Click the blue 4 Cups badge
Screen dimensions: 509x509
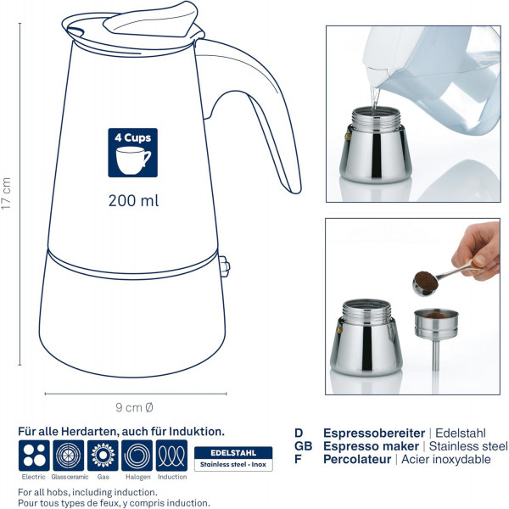(x=133, y=153)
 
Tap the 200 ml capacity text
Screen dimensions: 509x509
(x=133, y=200)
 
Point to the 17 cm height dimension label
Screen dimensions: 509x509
(x=6, y=193)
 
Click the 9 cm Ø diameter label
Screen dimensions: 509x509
(x=134, y=407)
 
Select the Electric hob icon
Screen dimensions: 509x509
(x=34, y=455)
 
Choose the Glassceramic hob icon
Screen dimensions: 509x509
(x=69, y=455)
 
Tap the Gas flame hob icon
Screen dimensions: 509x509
(x=103, y=455)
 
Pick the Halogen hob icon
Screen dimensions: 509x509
(x=137, y=455)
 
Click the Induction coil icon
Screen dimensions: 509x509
(x=171, y=455)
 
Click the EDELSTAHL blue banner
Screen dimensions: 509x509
(x=233, y=452)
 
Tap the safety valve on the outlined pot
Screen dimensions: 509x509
(x=224, y=266)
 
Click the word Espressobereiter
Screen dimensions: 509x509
(x=374, y=433)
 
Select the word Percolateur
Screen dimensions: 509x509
(x=357, y=459)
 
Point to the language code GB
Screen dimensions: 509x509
(x=303, y=446)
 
